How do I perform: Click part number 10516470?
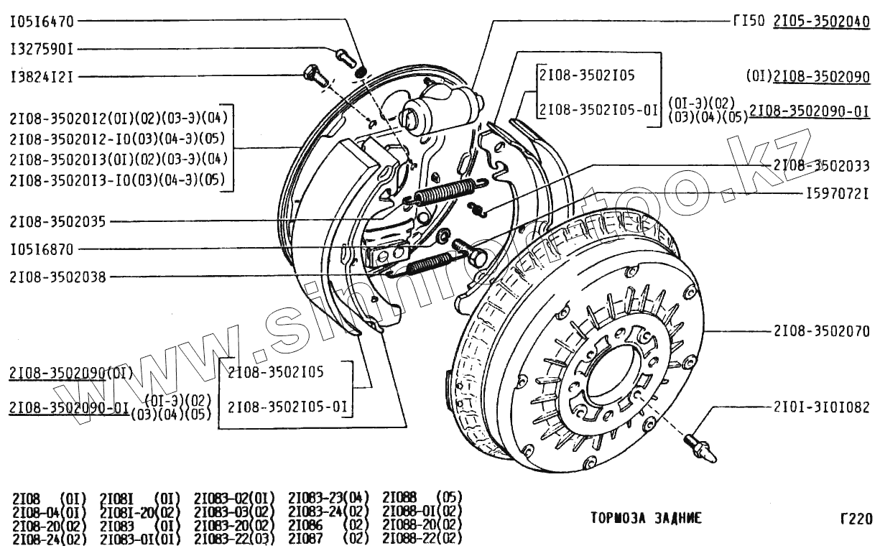pyautogui.click(x=42, y=22)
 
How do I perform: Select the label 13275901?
pyautogui.click(x=42, y=50)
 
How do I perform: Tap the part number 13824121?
pyautogui.click(x=42, y=77)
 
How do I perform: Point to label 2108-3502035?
pyautogui.click(x=58, y=222)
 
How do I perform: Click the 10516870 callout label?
pyautogui.click(x=42, y=249)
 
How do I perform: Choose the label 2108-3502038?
pyautogui.click(x=58, y=275)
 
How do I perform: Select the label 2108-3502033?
pyautogui.click(x=821, y=166)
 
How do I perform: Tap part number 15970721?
pyautogui.click(x=838, y=194)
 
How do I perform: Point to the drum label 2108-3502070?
pyautogui.click(x=821, y=332)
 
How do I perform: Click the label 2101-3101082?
pyautogui.click(x=821, y=406)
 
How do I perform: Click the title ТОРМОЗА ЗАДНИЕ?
pyautogui.click(x=646, y=518)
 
